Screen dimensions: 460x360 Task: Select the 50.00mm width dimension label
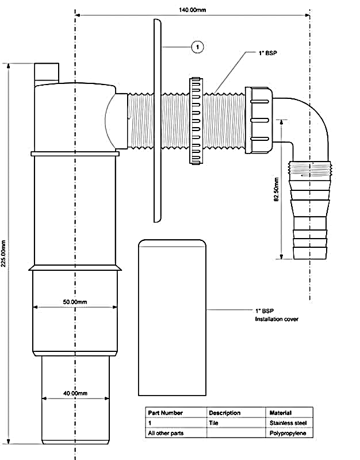point(75,302)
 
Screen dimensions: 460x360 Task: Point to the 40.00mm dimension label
point(75,393)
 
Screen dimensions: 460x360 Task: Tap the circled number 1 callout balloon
point(197,46)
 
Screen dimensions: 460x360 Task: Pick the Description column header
point(224,413)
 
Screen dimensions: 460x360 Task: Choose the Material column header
point(280,413)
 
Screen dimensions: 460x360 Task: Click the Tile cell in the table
point(213,423)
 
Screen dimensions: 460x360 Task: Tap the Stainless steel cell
point(288,423)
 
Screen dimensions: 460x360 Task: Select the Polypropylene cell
point(288,433)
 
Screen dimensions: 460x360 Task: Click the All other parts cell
point(166,433)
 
